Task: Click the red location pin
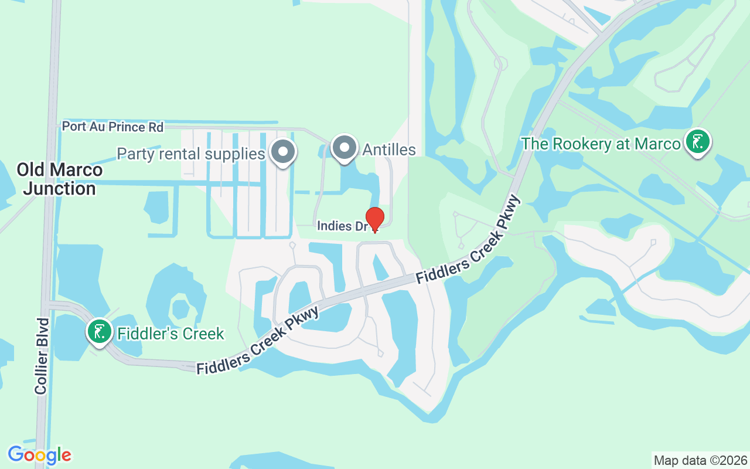[375, 219]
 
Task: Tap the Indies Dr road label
[342, 226]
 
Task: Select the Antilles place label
[389, 149]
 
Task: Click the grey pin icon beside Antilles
[345, 148]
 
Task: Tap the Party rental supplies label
[191, 154]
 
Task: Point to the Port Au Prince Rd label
[112, 127]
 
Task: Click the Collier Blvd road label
[41, 356]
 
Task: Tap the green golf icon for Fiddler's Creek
[100, 331]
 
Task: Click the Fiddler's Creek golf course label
[171, 334]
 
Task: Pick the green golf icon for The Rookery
[697, 142]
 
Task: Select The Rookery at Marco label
[601, 144]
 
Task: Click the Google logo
[39, 455]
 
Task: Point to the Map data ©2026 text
[700, 460]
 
